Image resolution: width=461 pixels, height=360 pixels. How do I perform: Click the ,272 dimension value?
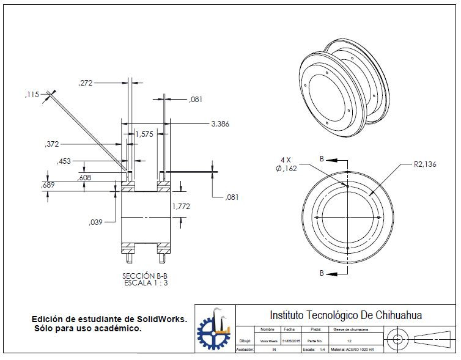[x=86, y=83]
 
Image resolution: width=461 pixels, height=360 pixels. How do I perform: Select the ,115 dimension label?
[x=32, y=94]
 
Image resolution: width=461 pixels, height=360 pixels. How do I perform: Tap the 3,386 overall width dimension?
[x=220, y=123]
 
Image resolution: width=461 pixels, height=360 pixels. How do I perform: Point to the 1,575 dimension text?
[x=144, y=134]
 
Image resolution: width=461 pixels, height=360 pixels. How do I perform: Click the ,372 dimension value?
[x=53, y=144]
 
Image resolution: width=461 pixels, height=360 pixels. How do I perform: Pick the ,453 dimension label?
[x=64, y=161]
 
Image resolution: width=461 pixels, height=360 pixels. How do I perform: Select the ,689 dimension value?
[x=48, y=185]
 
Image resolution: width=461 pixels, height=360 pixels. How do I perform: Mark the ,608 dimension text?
[x=85, y=177]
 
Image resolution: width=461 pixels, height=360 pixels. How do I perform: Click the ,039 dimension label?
[x=96, y=221]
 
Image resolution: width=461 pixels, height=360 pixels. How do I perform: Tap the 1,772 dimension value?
[x=182, y=207]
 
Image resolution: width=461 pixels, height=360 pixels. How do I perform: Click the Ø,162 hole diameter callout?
[x=286, y=169]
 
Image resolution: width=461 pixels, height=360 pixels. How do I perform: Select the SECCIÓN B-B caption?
[x=145, y=276]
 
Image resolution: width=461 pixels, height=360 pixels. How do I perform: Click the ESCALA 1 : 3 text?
[x=145, y=283]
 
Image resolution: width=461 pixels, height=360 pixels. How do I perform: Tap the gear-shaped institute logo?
[x=213, y=330]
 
